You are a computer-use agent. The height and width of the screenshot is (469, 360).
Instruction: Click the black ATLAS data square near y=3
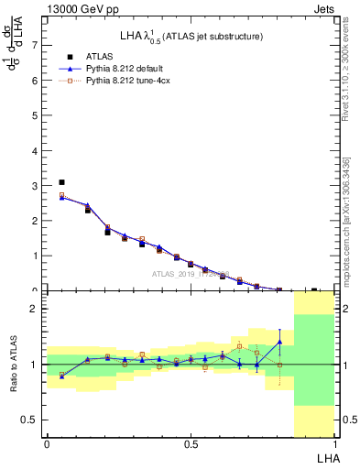61,182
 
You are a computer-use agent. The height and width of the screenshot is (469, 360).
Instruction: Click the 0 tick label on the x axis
47,444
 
